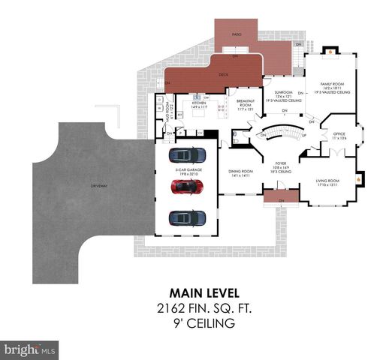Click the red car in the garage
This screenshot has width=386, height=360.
coord(188,187)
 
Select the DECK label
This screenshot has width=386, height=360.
coord(223,74)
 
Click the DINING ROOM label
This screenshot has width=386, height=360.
coord(241,172)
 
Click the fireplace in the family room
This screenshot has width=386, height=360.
coord(328,52)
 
